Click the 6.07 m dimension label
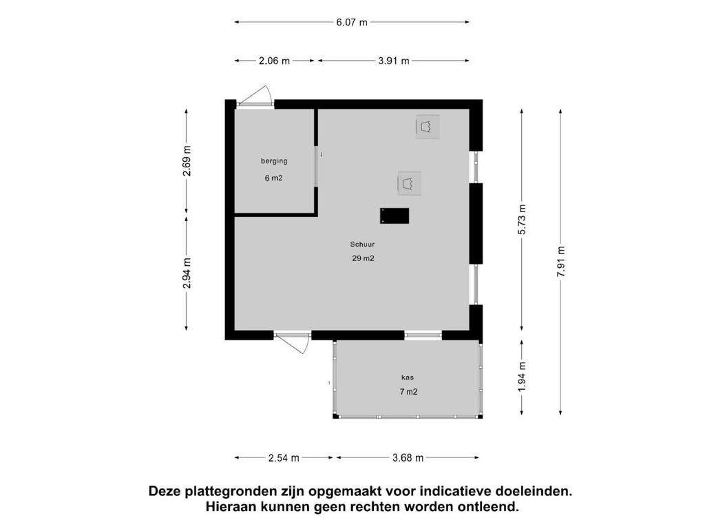click(x=352, y=22)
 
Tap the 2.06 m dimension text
click(x=274, y=61)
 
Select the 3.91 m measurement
click(x=394, y=61)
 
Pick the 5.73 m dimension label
click(x=522, y=220)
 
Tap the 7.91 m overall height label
click(x=560, y=262)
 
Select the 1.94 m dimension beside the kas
click(x=522, y=377)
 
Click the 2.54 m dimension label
click(x=284, y=458)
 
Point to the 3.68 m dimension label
click(x=408, y=458)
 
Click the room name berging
click(x=274, y=161)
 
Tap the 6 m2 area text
click(x=273, y=178)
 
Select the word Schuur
click(x=362, y=245)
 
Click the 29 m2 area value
click(x=364, y=259)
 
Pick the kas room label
click(x=408, y=377)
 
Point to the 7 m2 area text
click(x=408, y=392)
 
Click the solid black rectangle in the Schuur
click(x=394, y=216)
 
